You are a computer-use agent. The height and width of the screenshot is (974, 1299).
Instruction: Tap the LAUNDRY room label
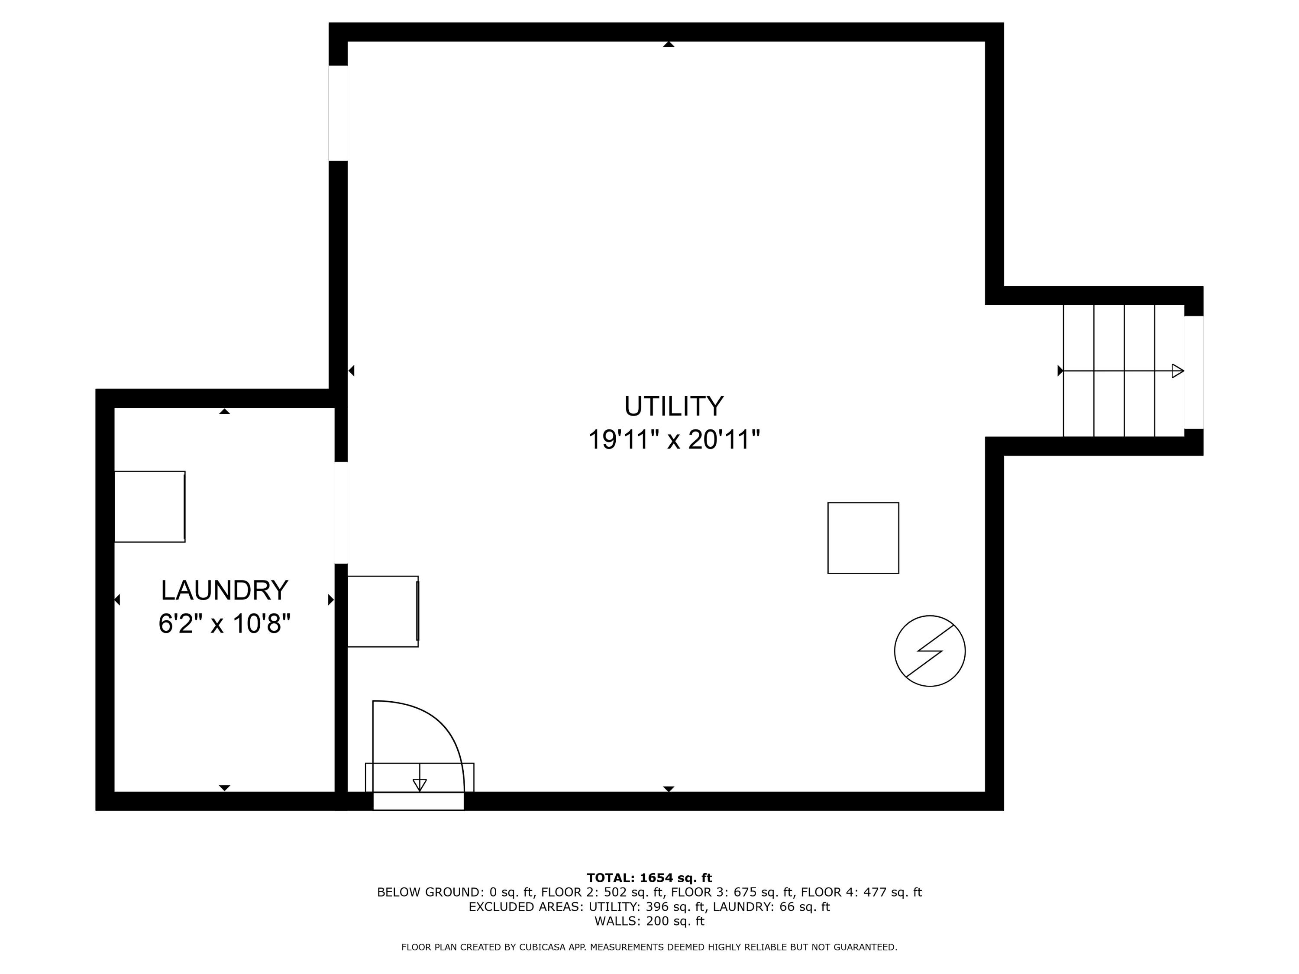(224, 590)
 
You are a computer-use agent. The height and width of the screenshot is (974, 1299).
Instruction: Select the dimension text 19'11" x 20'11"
(674, 440)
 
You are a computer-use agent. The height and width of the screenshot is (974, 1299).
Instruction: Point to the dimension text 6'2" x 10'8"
(224, 623)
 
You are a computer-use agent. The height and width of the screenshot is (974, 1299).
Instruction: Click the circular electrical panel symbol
(930, 651)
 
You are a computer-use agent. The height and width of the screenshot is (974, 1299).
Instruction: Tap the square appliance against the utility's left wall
(383, 612)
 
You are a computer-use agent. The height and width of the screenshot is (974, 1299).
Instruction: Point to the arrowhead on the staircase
(1177, 371)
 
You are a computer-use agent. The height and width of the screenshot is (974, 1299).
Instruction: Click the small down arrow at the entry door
(419, 784)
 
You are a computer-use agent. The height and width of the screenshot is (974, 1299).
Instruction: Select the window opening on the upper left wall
(338, 113)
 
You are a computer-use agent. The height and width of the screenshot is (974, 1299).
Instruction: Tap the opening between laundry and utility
(341, 513)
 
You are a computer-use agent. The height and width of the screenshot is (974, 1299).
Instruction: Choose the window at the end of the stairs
(1194, 372)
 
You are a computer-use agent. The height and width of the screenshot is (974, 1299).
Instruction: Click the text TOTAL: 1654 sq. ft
(649, 878)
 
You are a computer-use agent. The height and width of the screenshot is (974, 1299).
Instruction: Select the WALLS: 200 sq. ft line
(649, 921)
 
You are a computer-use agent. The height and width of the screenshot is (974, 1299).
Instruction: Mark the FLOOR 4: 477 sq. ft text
(862, 892)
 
